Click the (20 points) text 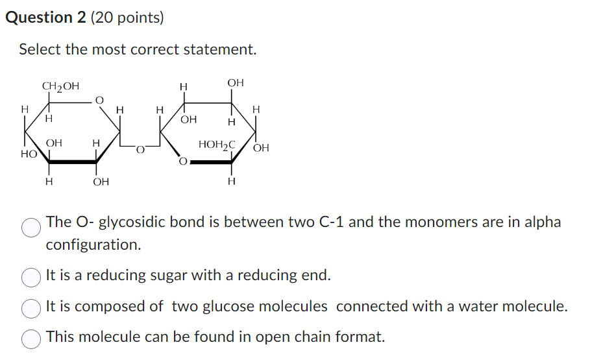point(127,18)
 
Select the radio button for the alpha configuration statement point(32,228)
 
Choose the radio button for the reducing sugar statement point(32,277)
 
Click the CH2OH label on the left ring point(60,86)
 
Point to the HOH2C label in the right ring point(217,144)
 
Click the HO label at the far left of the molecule point(28,154)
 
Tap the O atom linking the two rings point(140,151)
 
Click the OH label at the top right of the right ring point(236,82)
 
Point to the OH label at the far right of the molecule point(261,148)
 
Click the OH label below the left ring point(101,182)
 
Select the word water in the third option point(488,306)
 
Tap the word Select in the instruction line point(39,49)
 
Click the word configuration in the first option point(93,245)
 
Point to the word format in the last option point(360,337)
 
